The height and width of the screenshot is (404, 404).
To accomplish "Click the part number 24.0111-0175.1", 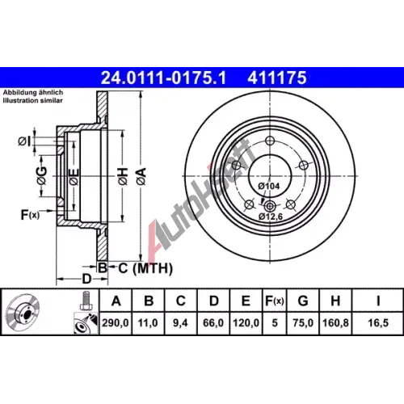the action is [163, 78].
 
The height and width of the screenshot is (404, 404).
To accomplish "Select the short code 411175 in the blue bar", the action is [277, 78].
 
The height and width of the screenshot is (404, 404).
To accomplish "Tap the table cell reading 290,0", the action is [116, 322].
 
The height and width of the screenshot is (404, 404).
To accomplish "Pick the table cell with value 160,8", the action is [335, 322].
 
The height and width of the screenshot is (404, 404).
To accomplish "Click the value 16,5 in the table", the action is [378, 322].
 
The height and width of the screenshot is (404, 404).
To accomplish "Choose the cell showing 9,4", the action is [180, 322].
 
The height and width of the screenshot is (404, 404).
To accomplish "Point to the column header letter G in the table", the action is [303, 301].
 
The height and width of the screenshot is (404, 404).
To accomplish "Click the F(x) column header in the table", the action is [275, 301].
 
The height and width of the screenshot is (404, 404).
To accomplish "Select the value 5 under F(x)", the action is [275, 322].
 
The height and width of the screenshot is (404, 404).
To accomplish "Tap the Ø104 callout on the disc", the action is [269, 186].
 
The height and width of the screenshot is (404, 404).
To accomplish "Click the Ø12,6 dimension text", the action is [271, 216].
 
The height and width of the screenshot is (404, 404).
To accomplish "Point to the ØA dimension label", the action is [141, 176].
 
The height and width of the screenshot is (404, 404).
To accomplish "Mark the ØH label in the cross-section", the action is [123, 176].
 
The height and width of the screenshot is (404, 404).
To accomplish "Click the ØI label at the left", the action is [24, 141].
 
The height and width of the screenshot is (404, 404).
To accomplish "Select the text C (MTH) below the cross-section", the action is [145, 268].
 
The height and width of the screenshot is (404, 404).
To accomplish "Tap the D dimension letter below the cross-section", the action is [86, 279].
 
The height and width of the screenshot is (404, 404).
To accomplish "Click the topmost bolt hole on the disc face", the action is [270, 141].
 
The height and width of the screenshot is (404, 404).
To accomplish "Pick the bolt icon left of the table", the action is [85, 301].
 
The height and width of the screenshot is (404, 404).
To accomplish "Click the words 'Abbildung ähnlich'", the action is [33, 92].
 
